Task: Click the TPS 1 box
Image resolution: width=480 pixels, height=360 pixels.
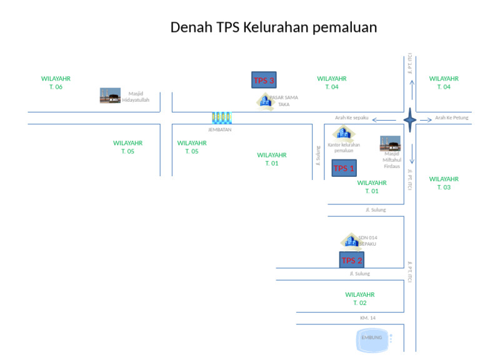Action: [x=344, y=168]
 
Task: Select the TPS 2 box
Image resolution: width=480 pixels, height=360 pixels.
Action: [x=351, y=260]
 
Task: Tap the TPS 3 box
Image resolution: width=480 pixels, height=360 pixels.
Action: [x=264, y=80]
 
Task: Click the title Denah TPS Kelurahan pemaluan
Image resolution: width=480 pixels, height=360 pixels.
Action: [x=274, y=27]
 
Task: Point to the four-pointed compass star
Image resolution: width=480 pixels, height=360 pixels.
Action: [x=410, y=119]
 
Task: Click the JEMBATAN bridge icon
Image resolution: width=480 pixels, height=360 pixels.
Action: [x=221, y=118]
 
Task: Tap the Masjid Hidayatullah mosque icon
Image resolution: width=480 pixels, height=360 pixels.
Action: [x=110, y=96]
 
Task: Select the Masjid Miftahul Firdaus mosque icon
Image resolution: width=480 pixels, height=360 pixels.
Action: [x=390, y=144]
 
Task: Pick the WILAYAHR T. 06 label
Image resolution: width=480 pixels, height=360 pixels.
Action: [x=56, y=82]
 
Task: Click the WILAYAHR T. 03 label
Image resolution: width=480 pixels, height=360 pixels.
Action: [x=444, y=183]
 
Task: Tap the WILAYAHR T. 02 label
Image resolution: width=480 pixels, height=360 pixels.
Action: [x=359, y=299]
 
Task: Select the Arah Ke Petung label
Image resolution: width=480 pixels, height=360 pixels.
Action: [x=452, y=117]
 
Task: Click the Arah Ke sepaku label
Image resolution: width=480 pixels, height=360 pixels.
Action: [x=352, y=117]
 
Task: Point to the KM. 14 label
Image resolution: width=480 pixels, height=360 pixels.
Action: [x=367, y=318]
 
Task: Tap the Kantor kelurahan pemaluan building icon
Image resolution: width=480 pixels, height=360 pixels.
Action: [x=342, y=133]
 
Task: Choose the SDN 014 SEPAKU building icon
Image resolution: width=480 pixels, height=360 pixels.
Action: [x=350, y=241]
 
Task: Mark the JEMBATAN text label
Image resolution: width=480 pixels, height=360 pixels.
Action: [x=220, y=130]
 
